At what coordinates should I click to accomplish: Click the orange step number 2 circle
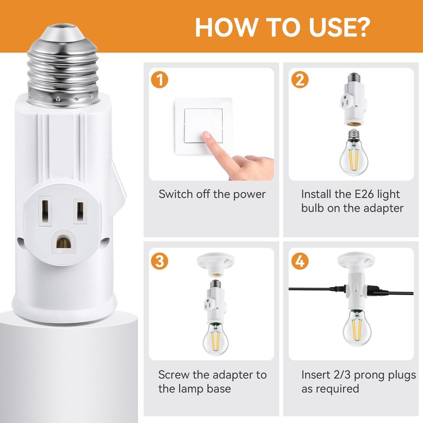pyautogui.click(x=299, y=80)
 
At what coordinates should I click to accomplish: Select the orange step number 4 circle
pyautogui.click(x=299, y=261)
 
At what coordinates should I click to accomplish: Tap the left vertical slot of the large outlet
pyautogui.click(x=45, y=210)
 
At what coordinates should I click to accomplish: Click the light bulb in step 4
pyautogui.click(x=355, y=328)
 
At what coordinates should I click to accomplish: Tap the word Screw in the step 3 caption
pyautogui.click(x=174, y=375)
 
